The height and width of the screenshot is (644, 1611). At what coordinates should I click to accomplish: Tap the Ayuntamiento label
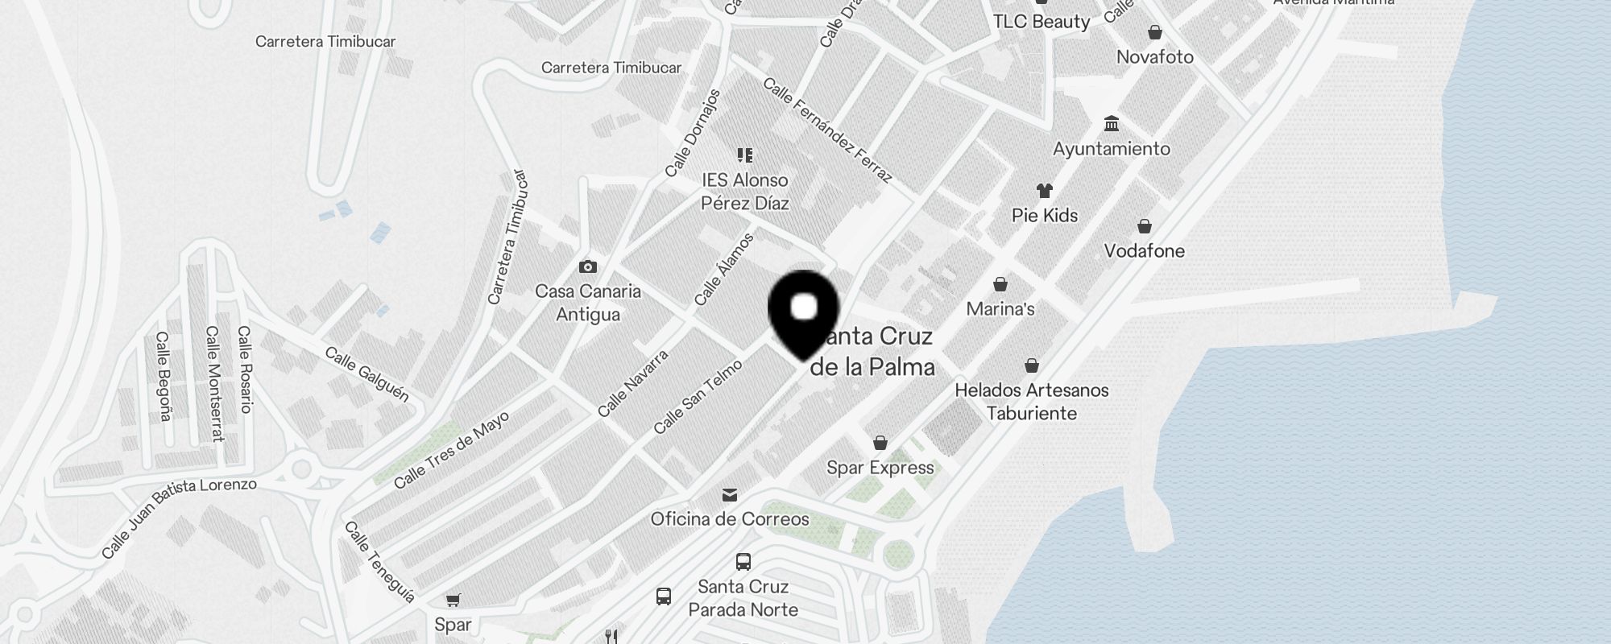1112,149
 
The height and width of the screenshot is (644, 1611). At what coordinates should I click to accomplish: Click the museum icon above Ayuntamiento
1112,124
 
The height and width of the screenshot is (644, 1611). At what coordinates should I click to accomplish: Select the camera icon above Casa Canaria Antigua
588,266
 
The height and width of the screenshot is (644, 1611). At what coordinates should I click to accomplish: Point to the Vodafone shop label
1144,251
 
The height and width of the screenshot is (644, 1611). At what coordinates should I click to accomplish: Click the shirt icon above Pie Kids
1045,191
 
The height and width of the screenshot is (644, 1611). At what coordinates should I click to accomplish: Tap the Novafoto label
1154,57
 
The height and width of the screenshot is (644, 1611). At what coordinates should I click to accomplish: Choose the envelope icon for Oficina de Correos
730,494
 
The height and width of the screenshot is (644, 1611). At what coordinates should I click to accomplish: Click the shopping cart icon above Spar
453,600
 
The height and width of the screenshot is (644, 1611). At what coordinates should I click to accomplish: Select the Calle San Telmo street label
698,397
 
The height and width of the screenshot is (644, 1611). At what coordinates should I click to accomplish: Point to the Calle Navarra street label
633,383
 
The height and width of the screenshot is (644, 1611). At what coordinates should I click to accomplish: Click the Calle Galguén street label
367,374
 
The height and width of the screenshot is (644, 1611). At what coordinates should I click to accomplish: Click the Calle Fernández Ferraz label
827,130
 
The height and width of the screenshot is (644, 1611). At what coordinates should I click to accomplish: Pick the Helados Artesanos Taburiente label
1032,402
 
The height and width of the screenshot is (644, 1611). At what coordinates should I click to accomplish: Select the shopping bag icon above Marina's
1000,284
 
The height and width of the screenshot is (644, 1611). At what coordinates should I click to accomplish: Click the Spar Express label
880,468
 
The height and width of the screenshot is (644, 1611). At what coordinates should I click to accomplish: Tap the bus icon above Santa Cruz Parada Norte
743,562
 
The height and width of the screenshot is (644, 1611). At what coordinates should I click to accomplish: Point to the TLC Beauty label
1041,22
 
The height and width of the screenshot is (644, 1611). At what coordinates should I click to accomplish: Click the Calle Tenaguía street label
380,562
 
